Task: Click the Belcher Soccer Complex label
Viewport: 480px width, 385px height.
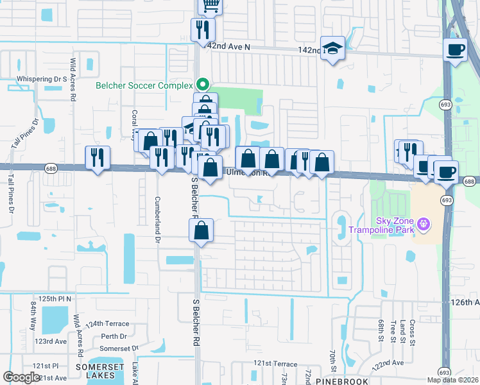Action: click(144, 85)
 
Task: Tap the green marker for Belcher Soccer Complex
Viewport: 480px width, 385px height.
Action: click(203, 85)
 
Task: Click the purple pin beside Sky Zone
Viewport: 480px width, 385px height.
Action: click(422, 224)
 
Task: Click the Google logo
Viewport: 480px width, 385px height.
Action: click(21, 377)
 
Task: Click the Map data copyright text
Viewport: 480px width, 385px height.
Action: click(453, 380)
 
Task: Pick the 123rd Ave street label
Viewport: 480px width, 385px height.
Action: click(51, 341)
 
